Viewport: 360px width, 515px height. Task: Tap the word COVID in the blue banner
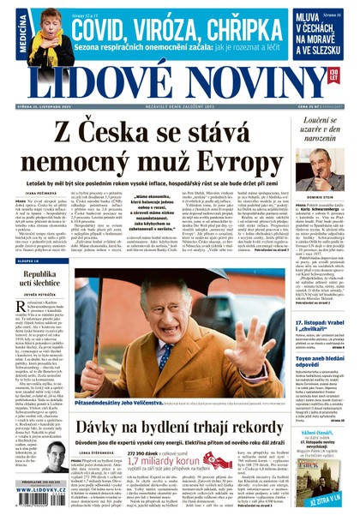tap(101, 26)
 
